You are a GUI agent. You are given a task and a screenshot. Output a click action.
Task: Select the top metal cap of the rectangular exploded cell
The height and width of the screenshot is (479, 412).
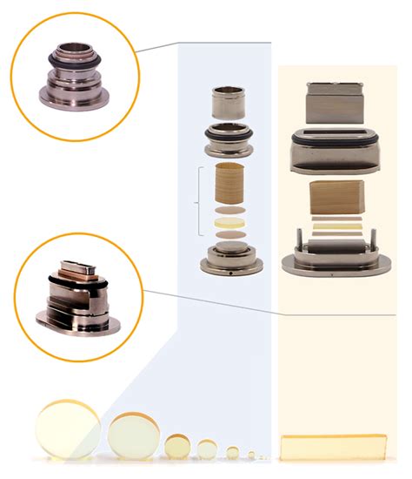pos(335,104)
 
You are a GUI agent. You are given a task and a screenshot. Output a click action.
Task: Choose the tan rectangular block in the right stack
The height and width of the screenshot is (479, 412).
pos(334,199)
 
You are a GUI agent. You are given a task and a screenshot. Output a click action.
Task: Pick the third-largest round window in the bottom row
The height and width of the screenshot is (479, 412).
pos(177,446)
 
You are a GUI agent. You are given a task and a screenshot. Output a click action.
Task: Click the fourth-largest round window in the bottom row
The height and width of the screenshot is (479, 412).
pos(207,449)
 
